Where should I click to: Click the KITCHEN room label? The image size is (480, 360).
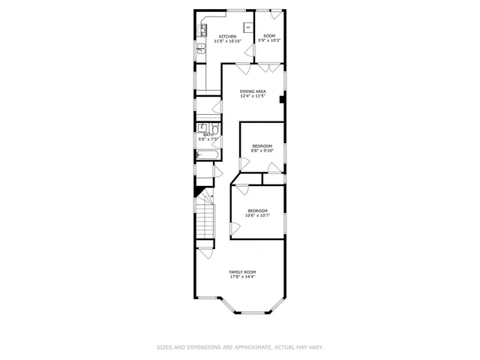(227, 36)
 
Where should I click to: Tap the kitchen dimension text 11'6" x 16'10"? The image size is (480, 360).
(227, 41)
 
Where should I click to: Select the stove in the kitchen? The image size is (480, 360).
(203, 31)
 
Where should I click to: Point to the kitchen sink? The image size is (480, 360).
(201, 50)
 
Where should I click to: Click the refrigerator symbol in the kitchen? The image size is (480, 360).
(247, 28)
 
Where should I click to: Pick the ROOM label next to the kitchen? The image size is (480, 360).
(268, 35)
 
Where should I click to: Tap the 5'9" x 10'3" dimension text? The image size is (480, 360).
(268, 40)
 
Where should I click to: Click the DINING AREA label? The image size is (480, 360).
(253, 91)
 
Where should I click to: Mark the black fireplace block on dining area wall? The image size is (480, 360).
(283, 97)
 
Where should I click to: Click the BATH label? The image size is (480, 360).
(208, 135)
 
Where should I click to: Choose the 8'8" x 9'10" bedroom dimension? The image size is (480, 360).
(262, 150)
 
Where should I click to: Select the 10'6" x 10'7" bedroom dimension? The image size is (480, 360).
(257, 215)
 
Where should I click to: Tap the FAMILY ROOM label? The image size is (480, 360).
(242, 271)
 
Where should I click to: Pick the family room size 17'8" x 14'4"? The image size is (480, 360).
(242, 277)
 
